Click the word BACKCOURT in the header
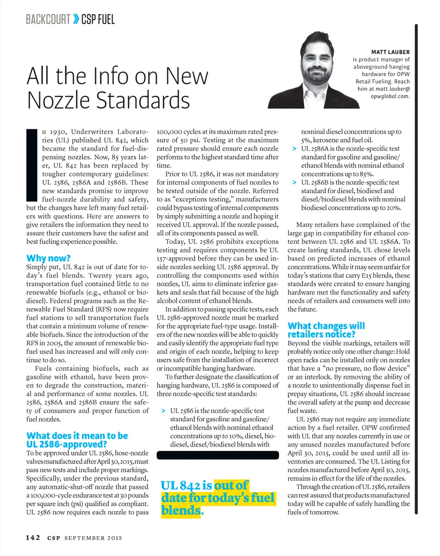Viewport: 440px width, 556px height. [x=48, y=19]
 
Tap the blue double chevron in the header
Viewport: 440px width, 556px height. [x=76, y=19]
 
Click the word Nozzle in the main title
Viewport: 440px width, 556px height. [x=58, y=100]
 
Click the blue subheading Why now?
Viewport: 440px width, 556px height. [x=48, y=258]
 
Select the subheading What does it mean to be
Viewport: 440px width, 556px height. [x=77, y=436]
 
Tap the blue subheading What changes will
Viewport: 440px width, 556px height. [x=326, y=326]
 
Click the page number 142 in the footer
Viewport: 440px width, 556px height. [x=33, y=538]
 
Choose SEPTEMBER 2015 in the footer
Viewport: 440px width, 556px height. [x=93, y=538]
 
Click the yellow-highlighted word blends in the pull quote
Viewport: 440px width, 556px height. [x=180, y=510]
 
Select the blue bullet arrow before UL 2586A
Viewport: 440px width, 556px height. [x=294, y=149]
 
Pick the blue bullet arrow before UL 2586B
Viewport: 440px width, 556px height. [x=294, y=182]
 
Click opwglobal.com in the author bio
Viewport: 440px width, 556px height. [x=390, y=96]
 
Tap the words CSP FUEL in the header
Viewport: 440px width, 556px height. [x=98, y=19]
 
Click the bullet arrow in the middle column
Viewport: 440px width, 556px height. [x=163, y=411]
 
